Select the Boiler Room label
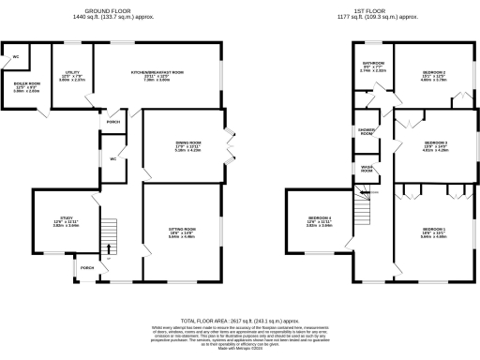(x=25, y=87)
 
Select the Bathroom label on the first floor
(x=373, y=66)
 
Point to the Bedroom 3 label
(x=432, y=144)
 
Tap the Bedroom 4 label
(x=320, y=222)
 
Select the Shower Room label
(x=367, y=132)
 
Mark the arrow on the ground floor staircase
(x=110, y=248)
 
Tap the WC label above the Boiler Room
(x=16, y=57)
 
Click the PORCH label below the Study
(x=86, y=268)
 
